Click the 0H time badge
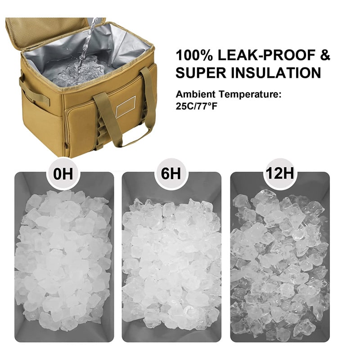coord(63,174)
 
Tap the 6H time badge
coord(171,174)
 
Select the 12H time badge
coord(279,173)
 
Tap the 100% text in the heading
coord(194,55)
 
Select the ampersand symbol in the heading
coord(325,55)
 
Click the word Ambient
coord(196,94)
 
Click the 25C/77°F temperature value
coord(197,106)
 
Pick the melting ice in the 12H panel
coord(280,264)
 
